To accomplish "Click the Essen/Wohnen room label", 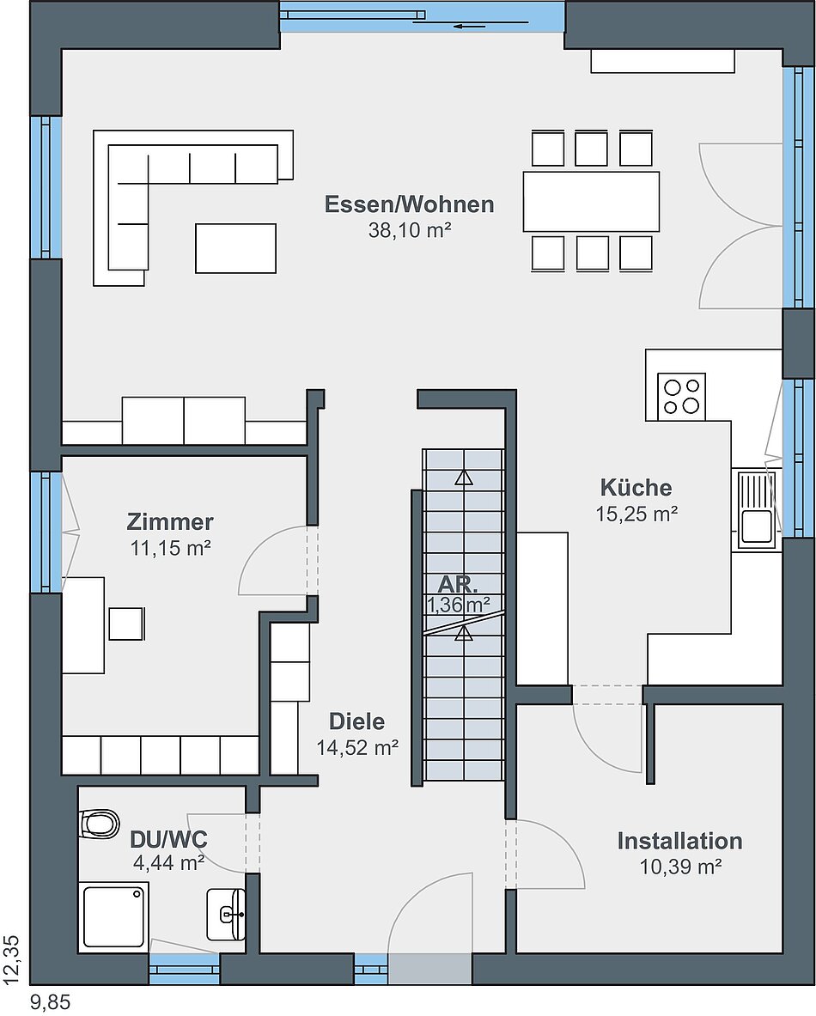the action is (x=409, y=204).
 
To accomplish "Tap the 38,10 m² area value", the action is (x=410, y=230).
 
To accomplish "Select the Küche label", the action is (x=636, y=487).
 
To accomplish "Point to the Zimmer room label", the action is (x=170, y=521).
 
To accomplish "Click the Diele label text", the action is (x=356, y=721).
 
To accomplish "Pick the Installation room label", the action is (x=680, y=841).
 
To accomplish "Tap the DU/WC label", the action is (x=168, y=839).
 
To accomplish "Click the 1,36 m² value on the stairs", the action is (x=458, y=605).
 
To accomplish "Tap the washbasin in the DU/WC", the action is (x=226, y=914).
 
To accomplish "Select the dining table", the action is (x=591, y=202).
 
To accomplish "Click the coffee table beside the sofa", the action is (x=236, y=248).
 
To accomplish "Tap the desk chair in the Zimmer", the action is (x=126, y=624).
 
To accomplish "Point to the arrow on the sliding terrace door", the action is (x=471, y=27).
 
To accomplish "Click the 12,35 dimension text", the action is (x=14, y=960).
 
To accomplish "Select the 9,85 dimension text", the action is (x=50, y=1002).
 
